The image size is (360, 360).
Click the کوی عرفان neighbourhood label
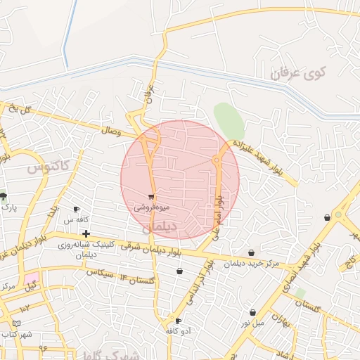click(299, 72)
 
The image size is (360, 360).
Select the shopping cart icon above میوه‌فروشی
click(151, 198)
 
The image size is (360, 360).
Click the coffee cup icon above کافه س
click(77, 210)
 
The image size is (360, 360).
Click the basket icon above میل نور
click(252, 313)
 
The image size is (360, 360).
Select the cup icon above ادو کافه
click(178, 321)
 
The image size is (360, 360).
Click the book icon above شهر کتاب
click(17, 323)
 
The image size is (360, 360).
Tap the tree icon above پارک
click(4, 196)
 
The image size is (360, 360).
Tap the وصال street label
click(110, 131)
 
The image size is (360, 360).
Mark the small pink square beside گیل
click(32, 278)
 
